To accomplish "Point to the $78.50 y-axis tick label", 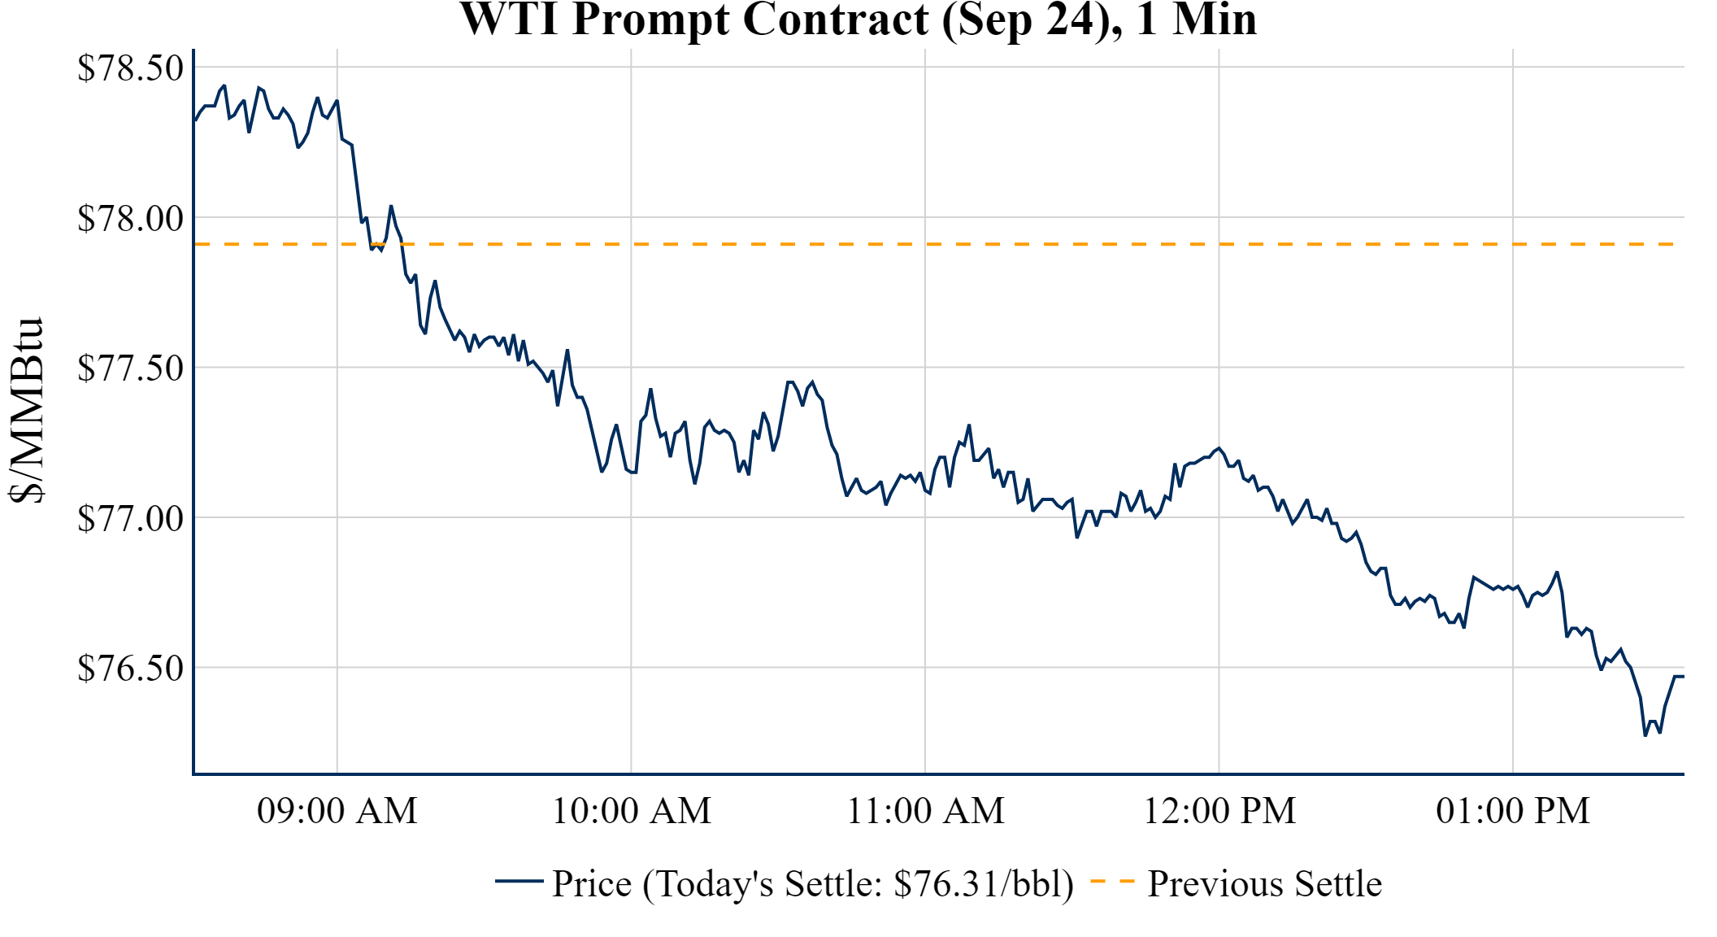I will (x=131, y=68).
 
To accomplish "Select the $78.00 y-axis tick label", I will (x=131, y=218).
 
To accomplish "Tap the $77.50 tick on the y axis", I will (x=131, y=368).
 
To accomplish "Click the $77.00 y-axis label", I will (x=131, y=518).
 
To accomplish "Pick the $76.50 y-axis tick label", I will (x=131, y=668).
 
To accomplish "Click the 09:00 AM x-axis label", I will (x=337, y=810).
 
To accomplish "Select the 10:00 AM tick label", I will (x=632, y=810).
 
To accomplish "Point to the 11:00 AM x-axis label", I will (x=925, y=810).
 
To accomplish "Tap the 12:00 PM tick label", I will (x=1219, y=810).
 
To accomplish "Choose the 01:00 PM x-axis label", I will (x=1513, y=810).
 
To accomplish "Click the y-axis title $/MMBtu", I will (x=27, y=410).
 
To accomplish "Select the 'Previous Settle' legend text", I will (x=1264, y=883).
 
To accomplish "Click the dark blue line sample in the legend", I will (x=519, y=881).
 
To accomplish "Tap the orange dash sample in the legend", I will (x=1112, y=881).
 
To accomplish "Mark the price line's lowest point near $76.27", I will (x=1645, y=735).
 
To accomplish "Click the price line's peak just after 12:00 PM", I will (x=1219, y=447).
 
